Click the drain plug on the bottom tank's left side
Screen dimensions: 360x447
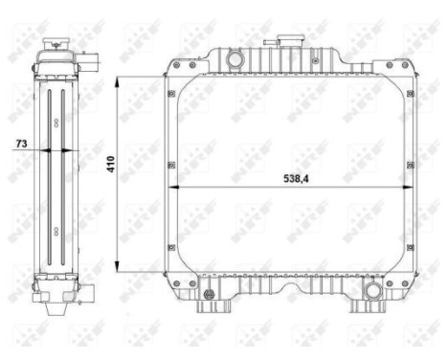202,283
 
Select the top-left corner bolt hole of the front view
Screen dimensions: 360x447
170,93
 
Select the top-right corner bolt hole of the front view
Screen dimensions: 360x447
409,93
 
